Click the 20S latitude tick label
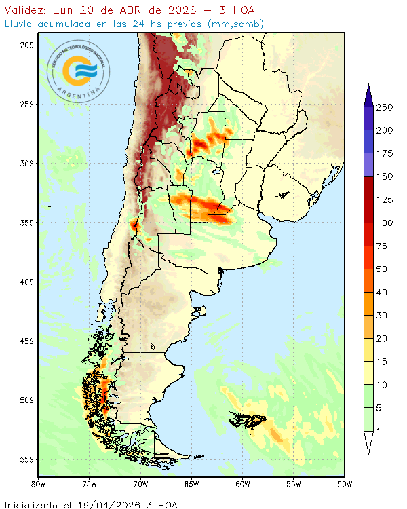click(26, 45)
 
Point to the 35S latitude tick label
click(26, 223)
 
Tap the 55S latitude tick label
click(26, 459)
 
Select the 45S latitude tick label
click(26, 341)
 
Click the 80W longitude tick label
click(39, 484)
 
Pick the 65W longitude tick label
click(191, 484)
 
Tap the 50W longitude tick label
click(345, 484)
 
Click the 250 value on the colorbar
click(385, 107)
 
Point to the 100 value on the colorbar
click(385, 223)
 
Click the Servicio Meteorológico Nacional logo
click(78, 70)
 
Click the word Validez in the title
click(24, 10)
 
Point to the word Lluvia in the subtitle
click(20, 24)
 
